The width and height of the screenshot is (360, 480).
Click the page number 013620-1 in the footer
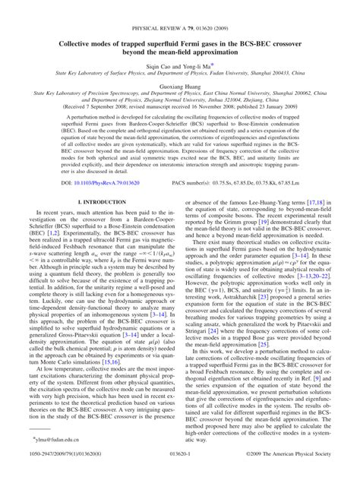pos(179,472)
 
